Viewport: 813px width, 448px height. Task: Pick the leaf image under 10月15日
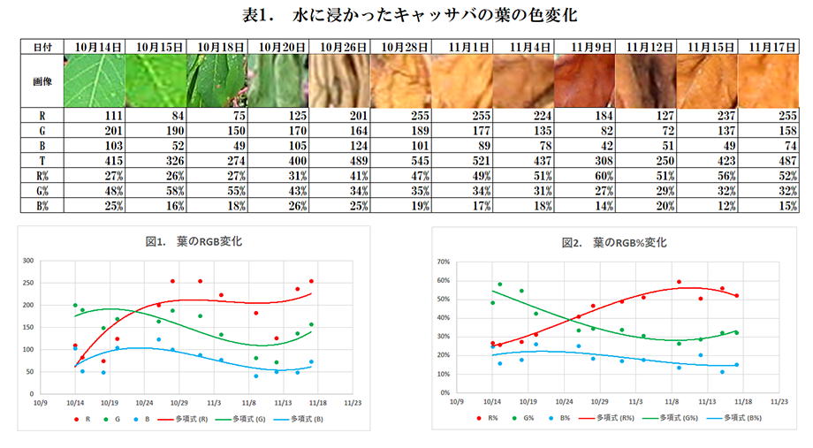coord(155,80)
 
